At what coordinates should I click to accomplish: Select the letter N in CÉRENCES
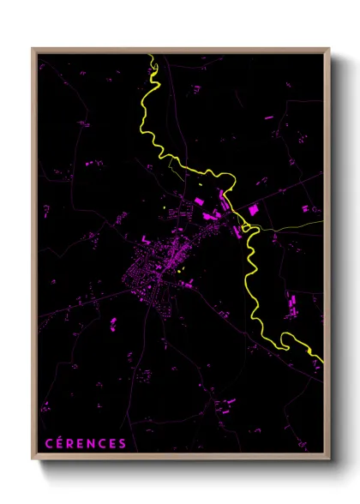click(90, 443)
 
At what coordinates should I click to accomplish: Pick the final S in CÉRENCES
click(123, 443)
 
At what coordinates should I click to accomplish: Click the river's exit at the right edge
click(321, 359)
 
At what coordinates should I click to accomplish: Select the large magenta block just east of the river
click(255, 208)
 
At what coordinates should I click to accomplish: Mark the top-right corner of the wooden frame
click(328, 49)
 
